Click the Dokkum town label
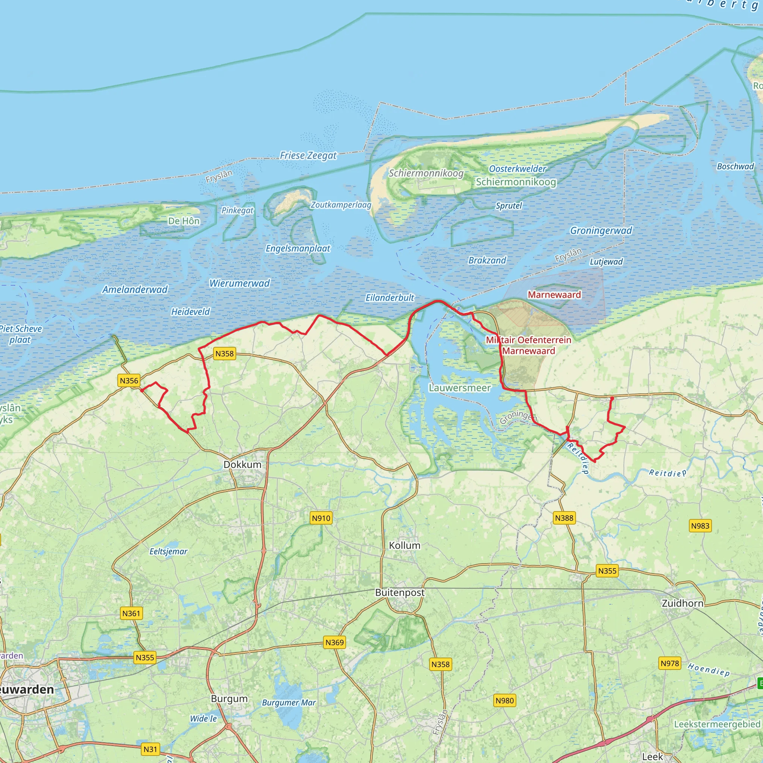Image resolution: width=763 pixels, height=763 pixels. point(243,465)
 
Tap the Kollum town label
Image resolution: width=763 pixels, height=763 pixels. point(404,545)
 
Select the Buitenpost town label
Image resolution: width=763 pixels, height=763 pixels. point(400,592)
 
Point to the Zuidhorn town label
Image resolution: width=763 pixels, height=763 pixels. point(683,603)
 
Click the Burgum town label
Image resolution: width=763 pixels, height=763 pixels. point(229,699)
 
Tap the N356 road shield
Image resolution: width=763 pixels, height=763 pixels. point(129,381)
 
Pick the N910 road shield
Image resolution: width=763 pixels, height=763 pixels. point(321,518)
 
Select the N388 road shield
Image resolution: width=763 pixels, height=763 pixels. point(564,518)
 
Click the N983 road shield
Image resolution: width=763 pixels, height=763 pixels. point(700,526)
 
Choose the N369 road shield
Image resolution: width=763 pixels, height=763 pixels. point(335,643)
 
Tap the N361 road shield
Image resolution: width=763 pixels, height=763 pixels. point(131,613)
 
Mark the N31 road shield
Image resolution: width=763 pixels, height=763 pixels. point(150,749)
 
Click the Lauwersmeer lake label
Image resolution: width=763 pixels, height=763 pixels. point(460,388)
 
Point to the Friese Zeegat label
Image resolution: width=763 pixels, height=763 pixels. point(308,156)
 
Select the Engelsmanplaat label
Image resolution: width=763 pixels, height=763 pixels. point(298,248)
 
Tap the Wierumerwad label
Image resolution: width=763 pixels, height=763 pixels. point(239,283)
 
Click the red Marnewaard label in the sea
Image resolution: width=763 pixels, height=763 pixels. point(554,295)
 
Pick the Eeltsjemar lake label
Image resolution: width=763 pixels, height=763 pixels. point(168,551)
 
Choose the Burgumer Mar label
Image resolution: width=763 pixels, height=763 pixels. point(289,703)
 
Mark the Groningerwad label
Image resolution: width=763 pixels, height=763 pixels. point(601,231)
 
